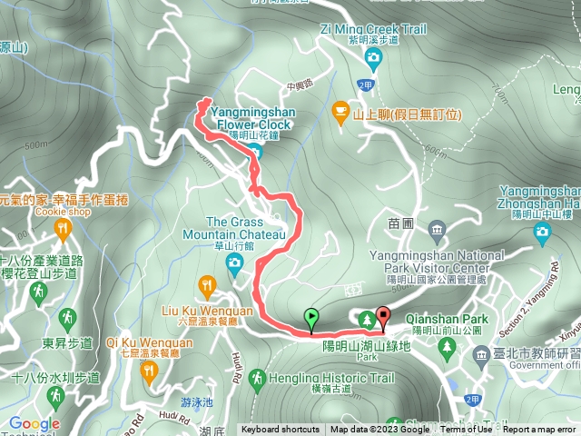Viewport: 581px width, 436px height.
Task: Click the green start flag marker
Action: click(311, 318)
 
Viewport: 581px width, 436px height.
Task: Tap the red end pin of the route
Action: click(382, 318)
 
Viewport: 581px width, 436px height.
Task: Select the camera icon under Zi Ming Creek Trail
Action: click(373, 59)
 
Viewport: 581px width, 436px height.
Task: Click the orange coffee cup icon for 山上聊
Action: click(340, 114)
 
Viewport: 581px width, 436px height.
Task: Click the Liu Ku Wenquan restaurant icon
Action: click(208, 289)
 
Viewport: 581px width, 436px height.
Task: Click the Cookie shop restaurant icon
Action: click(63, 226)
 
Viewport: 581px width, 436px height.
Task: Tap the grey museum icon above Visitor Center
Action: click(437, 227)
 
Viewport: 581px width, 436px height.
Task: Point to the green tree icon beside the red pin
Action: click(366, 319)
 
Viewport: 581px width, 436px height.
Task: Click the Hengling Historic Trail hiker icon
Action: click(257, 377)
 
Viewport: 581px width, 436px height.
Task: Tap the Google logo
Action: click(34, 423)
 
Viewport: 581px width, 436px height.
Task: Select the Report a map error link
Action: click(540, 430)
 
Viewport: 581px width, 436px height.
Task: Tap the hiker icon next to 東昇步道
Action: click(66, 318)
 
